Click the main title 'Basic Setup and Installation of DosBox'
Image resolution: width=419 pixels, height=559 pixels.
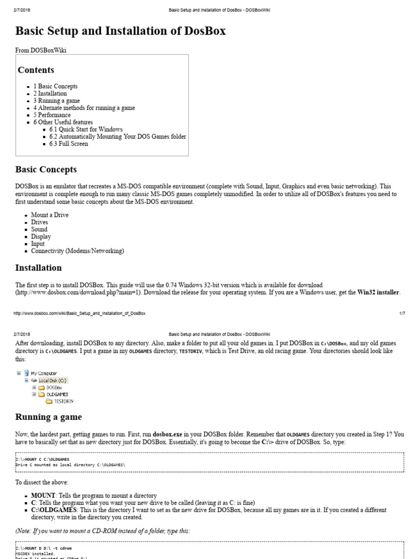pos(120,31)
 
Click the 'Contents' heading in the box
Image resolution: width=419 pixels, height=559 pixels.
pos(36,70)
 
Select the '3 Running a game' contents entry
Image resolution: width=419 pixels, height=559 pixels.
pos(56,101)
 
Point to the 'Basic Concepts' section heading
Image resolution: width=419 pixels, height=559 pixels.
pos(46,169)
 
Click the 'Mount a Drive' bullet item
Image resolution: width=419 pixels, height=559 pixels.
pos(50,215)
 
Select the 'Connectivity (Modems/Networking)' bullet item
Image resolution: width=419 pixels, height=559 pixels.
pos(77,251)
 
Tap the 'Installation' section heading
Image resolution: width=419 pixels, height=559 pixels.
pos(38,268)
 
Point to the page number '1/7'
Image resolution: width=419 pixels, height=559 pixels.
pos(402,313)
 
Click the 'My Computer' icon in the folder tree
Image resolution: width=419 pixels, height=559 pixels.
pos(27,373)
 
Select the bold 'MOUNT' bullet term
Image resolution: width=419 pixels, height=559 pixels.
pos(44,495)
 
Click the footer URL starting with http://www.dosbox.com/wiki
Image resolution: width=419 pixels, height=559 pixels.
pos(80,313)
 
